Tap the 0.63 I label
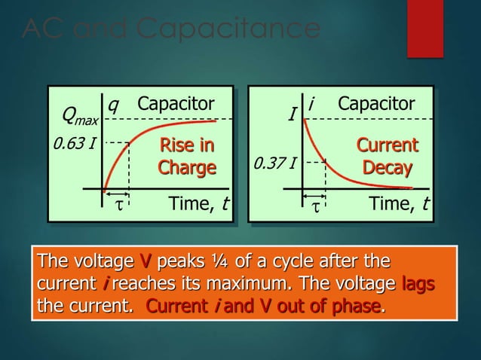[70, 143]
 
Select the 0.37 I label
[274, 162]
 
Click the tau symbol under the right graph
[315, 205]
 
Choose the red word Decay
[387, 166]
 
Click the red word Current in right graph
[387, 145]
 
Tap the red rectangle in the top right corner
[425, 29]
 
